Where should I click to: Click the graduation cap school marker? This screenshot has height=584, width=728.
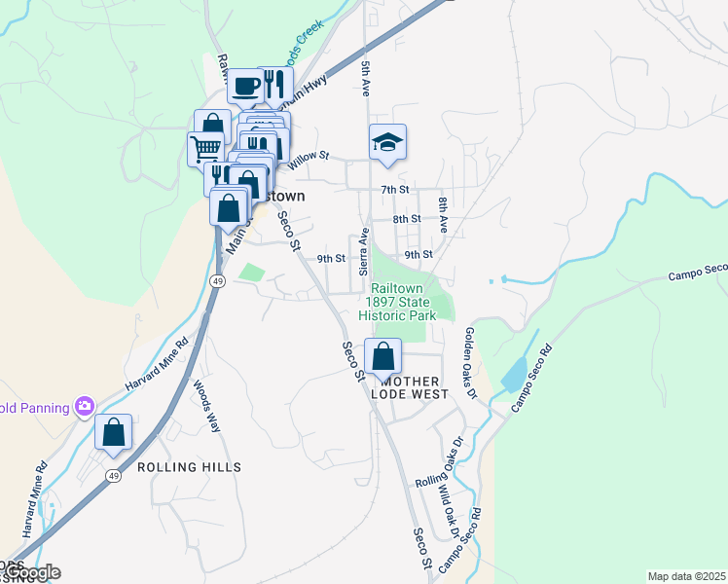387,142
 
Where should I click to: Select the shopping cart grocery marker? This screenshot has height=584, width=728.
206,149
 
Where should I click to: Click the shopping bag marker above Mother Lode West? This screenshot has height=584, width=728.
383,355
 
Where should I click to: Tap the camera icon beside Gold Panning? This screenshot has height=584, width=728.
85,405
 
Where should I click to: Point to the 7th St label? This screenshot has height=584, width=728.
394,189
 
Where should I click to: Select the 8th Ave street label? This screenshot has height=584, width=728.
443,214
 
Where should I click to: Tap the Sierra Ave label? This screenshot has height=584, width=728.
364,251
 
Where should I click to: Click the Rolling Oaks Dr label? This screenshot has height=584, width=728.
444,468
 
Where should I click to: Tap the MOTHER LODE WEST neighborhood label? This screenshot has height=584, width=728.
409,387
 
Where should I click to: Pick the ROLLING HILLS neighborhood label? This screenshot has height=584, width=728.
189,468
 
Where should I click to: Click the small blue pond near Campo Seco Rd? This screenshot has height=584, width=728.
514,375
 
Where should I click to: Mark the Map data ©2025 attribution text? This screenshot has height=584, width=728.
685,576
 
